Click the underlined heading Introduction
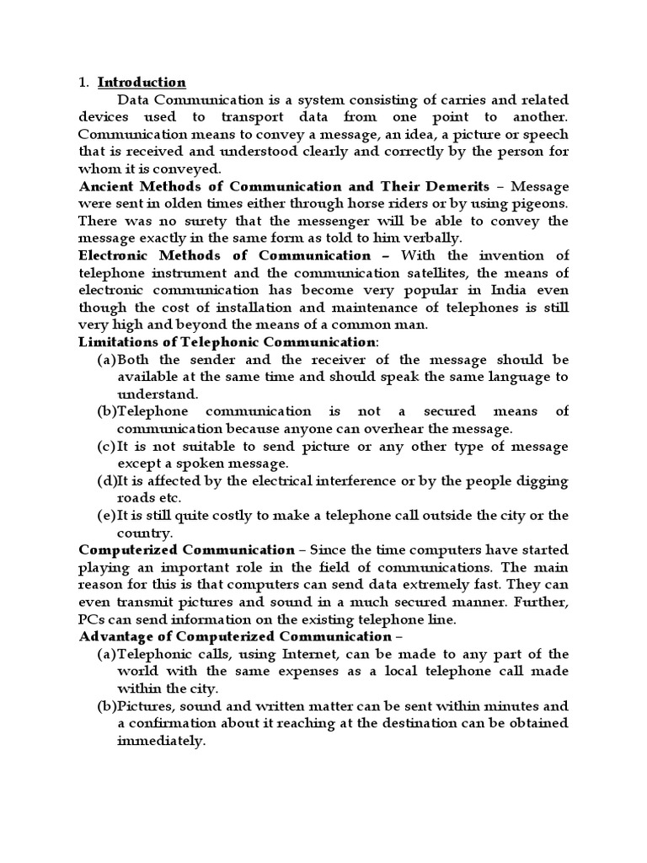point(142,83)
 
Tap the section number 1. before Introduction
point(83,83)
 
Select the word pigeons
point(537,203)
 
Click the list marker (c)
point(107,446)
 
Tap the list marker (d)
point(108,480)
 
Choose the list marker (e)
point(107,515)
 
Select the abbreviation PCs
point(93,619)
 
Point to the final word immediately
point(161,741)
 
